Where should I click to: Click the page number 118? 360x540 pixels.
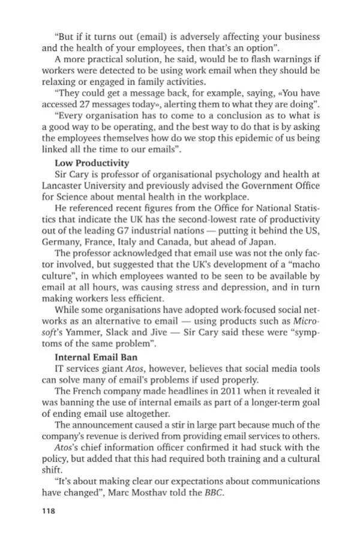[x=48, y=511]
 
